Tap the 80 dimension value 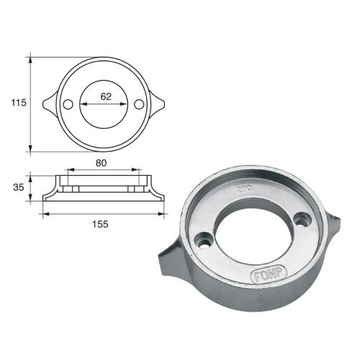[x=102, y=163]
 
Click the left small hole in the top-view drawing [x=68, y=104]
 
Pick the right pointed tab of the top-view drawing [x=158, y=104]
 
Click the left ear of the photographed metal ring [x=168, y=261]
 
